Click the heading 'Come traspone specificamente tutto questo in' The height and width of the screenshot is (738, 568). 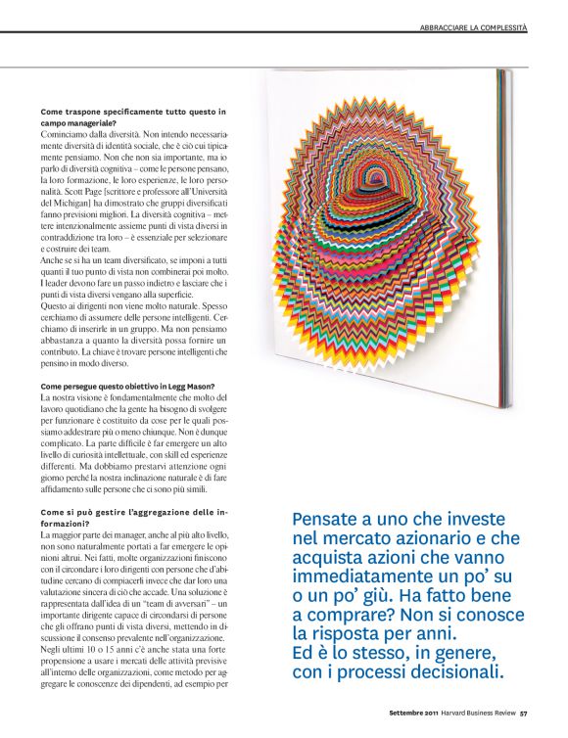[133, 112]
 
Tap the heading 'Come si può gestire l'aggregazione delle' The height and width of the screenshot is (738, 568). [133, 512]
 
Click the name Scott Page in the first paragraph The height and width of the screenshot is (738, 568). [103, 196]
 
